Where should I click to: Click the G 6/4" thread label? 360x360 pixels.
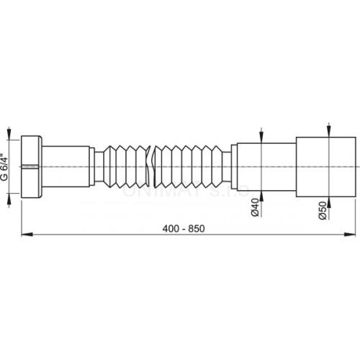7,168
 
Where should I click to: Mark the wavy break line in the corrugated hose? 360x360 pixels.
152,168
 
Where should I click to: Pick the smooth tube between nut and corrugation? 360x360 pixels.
68,168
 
